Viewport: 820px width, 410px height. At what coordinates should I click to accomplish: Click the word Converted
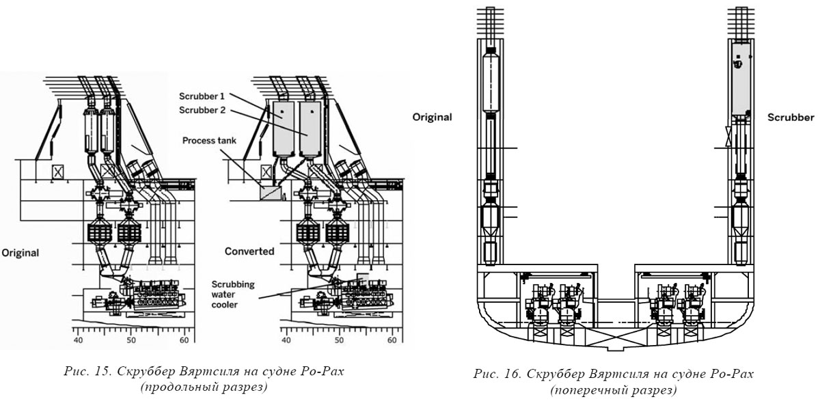point(249,251)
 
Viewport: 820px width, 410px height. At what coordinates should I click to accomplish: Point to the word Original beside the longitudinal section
point(20,253)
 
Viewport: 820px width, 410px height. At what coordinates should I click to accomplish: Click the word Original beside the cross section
point(432,117)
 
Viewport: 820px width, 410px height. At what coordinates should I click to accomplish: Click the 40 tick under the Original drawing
point(77,341)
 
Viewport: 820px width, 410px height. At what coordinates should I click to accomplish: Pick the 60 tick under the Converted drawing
point(392,341)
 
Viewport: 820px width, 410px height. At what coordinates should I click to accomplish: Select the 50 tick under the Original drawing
point(131,341)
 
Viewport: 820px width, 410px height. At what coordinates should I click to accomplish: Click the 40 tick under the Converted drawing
point(286,341)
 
